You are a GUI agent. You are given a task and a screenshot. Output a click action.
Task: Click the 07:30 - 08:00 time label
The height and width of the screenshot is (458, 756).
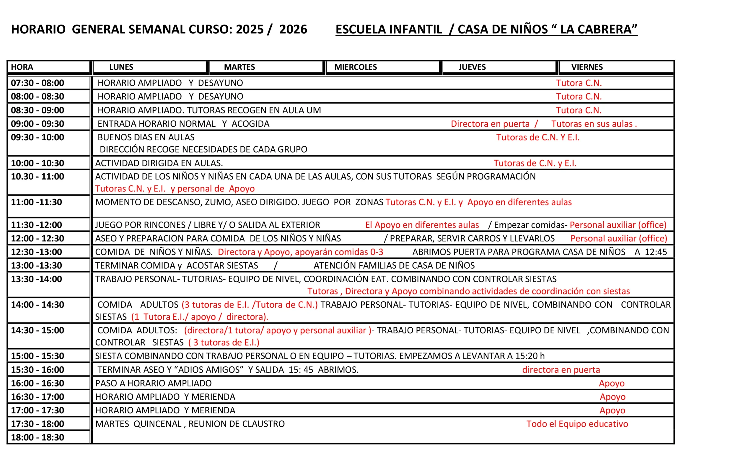(x=38, y=83)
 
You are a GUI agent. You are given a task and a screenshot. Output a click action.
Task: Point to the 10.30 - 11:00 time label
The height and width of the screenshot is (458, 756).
(x=38, y=176)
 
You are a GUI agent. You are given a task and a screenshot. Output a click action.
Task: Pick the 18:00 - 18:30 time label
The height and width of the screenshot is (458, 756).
(x=38, y=437)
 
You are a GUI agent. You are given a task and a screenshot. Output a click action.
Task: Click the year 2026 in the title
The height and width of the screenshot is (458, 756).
(x=293, y=30)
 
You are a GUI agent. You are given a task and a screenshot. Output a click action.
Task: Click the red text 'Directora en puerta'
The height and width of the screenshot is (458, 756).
(x=490, y=124)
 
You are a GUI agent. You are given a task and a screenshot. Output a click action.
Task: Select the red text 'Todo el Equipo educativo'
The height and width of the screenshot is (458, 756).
(x=577, y=424)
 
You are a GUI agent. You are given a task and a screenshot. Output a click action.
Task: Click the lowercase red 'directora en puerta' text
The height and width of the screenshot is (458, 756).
(x=561, y=370)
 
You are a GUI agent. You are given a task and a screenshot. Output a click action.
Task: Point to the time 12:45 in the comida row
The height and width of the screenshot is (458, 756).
(x=656, y=252)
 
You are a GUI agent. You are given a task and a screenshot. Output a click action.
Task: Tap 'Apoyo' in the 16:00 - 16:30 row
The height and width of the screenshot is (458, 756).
(x=612, y=383)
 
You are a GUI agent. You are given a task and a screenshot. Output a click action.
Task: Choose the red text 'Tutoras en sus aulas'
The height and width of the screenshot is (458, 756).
(x=592, y=124)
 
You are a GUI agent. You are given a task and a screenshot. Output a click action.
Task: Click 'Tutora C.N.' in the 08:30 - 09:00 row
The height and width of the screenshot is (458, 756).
(x=579, y=110)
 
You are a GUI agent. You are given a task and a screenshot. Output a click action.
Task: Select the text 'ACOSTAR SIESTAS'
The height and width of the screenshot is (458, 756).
(x=222, y=265)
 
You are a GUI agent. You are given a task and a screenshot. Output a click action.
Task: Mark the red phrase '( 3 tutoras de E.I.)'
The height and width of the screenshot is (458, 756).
(x=224, y=342)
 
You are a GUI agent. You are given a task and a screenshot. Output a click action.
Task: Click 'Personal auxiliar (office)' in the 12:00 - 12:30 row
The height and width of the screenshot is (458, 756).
(x=619, y=238)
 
